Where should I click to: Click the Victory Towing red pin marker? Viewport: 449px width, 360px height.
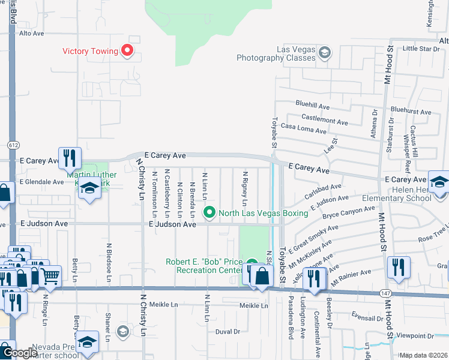pos(127,51)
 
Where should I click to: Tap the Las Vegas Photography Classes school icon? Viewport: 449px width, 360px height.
pos(324,53)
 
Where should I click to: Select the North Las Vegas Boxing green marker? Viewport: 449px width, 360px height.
pos(209,211)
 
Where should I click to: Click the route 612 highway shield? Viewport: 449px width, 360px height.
pos(13,145)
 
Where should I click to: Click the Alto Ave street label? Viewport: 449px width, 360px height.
pos(32,34)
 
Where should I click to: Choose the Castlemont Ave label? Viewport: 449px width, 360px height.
pos(325,121)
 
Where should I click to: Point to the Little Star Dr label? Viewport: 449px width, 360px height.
pos(421,48)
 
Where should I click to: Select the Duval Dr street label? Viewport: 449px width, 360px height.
pos(228,331)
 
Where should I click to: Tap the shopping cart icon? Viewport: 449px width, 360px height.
pos(50,277)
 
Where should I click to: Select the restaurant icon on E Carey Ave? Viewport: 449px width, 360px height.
pos(70,158)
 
